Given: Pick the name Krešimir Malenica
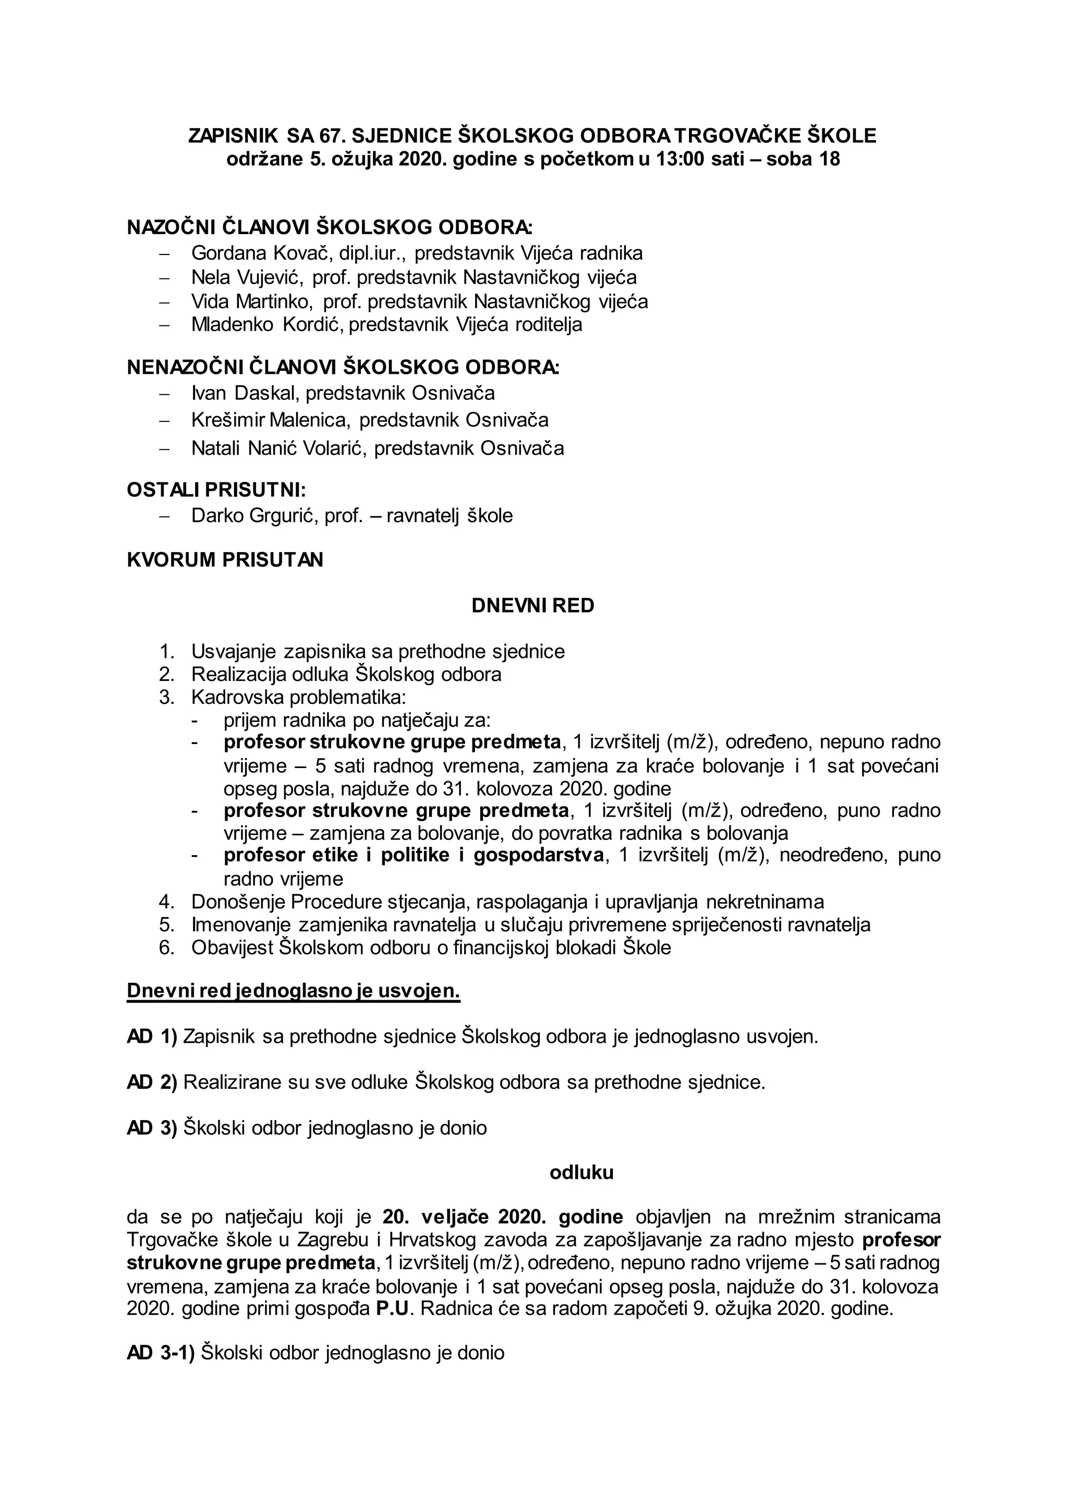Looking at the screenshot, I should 269,420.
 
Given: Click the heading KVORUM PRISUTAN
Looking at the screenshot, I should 225,559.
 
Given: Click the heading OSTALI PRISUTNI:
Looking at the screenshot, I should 216,491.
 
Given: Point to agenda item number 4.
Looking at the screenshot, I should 166,902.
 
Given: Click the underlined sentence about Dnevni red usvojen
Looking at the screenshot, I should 293,991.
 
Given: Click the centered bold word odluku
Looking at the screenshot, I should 581,1173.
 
